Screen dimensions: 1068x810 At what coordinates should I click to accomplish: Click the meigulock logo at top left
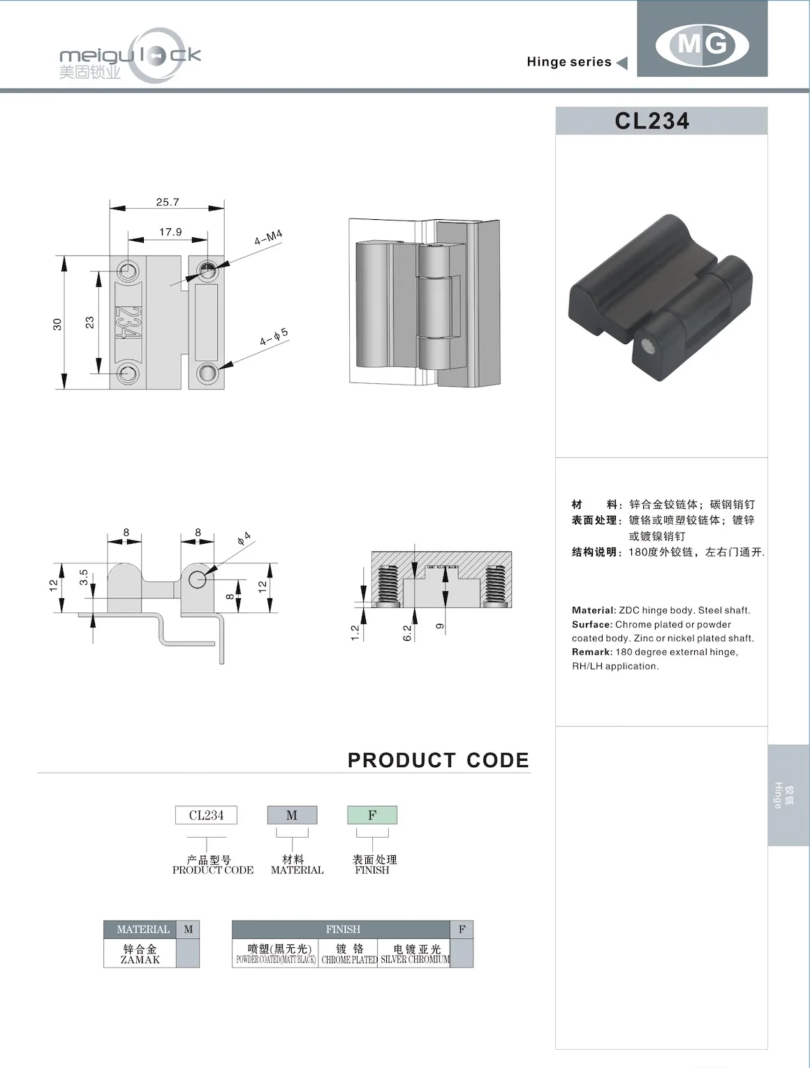pyautogui.click(x=130, y=56)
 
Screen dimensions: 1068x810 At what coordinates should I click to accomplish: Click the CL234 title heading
pyautogui.click(x=652, y=121)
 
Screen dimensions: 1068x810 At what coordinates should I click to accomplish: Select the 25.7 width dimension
pyautogui.click(x=168, y=202)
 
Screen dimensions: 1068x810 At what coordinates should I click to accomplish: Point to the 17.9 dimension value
pyautogui.click(x=170, y=232)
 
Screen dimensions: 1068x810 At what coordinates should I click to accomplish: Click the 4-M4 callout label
pyautogui.click(x=268, y=237)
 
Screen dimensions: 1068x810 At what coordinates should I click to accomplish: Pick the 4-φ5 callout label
pyautogui.click(x=274, y=338)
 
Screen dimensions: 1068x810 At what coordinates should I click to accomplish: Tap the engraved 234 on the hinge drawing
pyautogui.click(x=128, y=322)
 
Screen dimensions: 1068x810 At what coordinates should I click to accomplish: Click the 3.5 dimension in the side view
pyautogui.click(x=84, y=577)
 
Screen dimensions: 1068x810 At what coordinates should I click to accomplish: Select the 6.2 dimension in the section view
pyautogui.click(x=407, y=633)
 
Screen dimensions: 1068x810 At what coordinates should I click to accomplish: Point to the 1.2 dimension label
pyautogui.click(x=355, y=633)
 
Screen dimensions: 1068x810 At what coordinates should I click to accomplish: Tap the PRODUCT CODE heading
pyautogui.click(x=439, y=760)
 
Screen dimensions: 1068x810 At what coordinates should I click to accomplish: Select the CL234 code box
pyautogui.click(x=206, y=815)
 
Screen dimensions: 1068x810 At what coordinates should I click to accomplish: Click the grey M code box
pyautogui.click(x=292, y=815)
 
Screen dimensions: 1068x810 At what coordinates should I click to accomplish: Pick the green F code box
pyautogui.click(x=372, y=815)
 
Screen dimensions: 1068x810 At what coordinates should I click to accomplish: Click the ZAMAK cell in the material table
pyautogui.click(x=140, y=954)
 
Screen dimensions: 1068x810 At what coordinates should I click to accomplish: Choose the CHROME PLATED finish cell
pyautogui.click(x=349, y=954)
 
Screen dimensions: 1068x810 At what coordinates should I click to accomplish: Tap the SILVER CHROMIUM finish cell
pyautogui.click(x=415, y=954)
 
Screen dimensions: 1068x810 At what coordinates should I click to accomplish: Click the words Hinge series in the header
pyautogui.click(x=569, y=62)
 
